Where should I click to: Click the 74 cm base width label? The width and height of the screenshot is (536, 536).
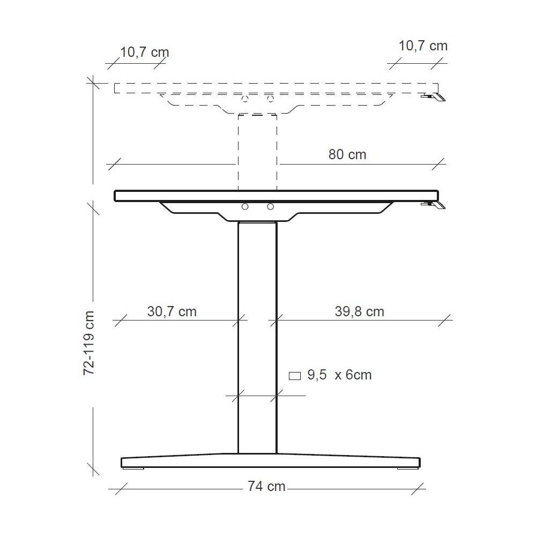click(266, 487)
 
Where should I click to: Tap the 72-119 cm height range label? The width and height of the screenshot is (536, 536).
click(89, 343)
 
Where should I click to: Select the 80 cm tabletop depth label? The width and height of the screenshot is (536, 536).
click(347, 155)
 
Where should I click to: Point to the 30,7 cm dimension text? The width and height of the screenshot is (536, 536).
click(172, 311)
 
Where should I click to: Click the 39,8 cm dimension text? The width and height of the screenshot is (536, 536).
click(359, 311)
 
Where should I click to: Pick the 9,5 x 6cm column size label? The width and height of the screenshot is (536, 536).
click(339, 375)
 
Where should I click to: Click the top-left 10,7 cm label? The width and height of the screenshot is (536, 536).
click(144, 52)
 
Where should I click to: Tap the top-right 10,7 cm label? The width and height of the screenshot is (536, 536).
click(423, 46)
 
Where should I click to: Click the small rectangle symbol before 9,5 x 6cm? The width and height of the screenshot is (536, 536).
click(295, 376)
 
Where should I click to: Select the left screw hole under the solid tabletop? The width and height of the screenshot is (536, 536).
click(245, 207)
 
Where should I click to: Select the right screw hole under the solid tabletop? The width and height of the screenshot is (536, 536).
click(270, 207)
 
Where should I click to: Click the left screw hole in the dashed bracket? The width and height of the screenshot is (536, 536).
click(245, 99)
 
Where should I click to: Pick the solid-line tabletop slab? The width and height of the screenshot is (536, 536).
click(277, 196)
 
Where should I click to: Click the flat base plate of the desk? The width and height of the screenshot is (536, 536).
click(270, 461)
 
